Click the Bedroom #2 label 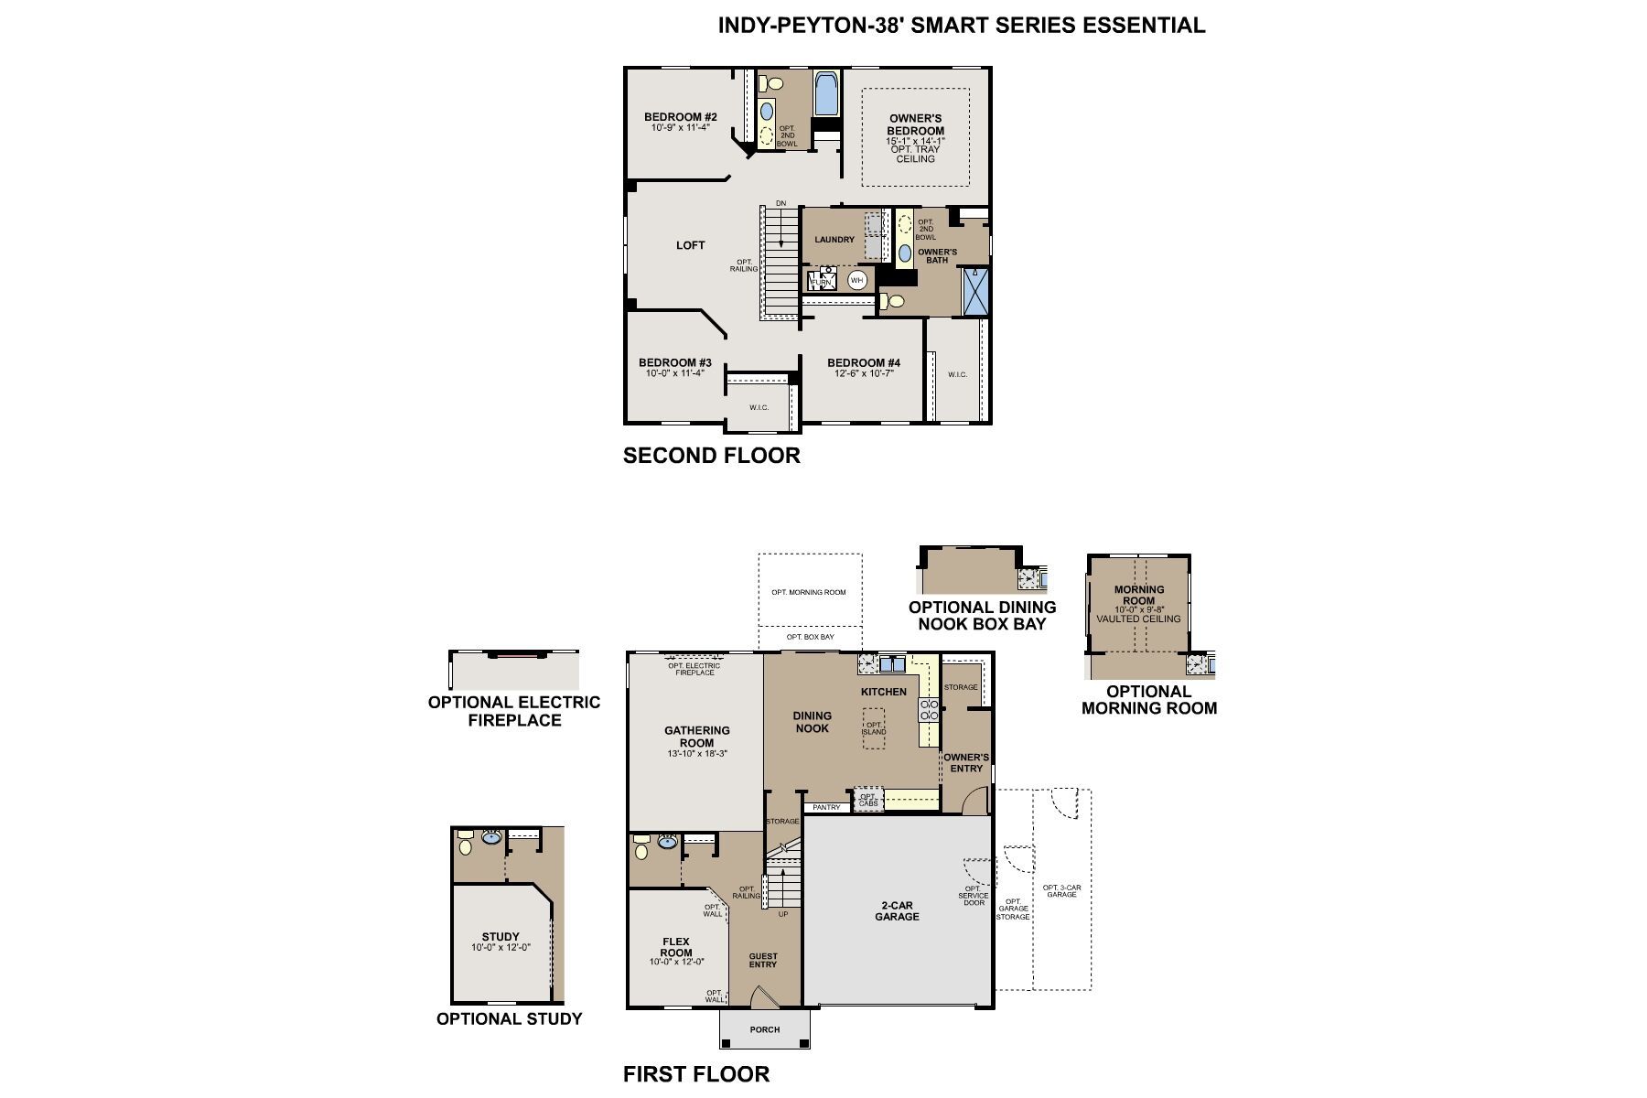[680, 117]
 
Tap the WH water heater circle [856, 280]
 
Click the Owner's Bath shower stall [975, 291]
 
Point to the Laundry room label [834, 240]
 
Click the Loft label [691, 245]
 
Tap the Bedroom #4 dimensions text [863, 373]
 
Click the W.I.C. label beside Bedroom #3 [759, 407]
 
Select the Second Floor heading [711, 455]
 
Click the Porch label [765, 1029]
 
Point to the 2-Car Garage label [897, 910]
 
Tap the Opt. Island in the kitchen [874, 728]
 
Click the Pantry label [826, 807]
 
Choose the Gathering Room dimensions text [697, 754]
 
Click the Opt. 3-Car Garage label [1061, 890]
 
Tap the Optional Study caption [509, 1019]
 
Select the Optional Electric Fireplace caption [514, 711]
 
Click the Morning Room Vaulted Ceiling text [1138, 619]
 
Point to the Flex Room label [676, 946]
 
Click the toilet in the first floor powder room [640, 852]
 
